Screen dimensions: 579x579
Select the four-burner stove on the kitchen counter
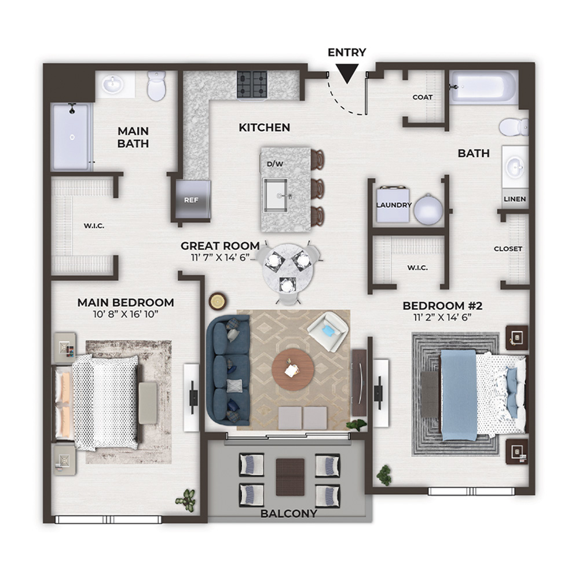pyautogui.click(x=252, y=85)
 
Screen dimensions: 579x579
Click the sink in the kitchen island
pyautogui.click(x=275, y=195)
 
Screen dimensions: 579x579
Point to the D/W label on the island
pyautogui.click(x=275, y=164)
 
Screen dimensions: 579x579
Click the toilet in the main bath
pyautogui.click(x=156, y=86)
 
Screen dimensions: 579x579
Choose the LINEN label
pyautogui.click(x=515, y=199)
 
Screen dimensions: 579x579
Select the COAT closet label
pyautogui.click(x=423, y=97)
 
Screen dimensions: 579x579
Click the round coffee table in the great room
pyautogui.click(x=293, y=368)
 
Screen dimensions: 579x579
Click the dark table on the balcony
pyautogui.click(x=290, y=477)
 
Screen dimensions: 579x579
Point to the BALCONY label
pyautogui.click(x=289, y=514)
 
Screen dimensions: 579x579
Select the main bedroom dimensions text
pyautogui.click(x=126, y=314)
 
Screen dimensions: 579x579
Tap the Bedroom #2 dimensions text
pyautogui.click(x=443, y=317)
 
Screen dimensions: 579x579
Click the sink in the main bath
pyautogui.click(x=113, y=84)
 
